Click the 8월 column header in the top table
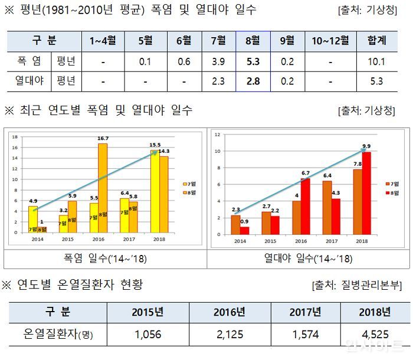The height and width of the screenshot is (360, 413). coord(252,41)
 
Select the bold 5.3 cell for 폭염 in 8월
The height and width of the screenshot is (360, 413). coord(252,61)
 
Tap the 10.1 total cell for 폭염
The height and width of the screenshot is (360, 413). coord(377,61)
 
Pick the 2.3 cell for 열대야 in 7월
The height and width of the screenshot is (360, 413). coord(218,81)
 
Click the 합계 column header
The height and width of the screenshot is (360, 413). coord(377,41)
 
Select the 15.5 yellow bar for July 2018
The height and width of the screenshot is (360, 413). coord(155,192)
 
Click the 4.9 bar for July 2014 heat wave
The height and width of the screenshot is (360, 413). coord(33,220)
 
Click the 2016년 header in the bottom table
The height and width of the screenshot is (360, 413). coord(230,312)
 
